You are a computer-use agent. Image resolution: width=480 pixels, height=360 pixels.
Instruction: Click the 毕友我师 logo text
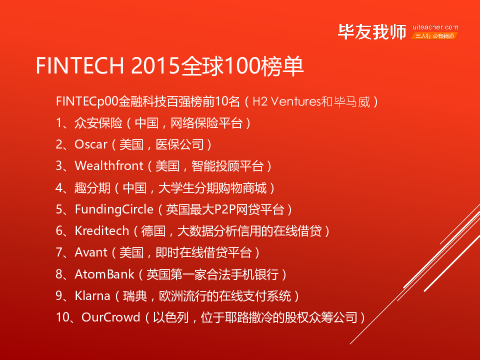(372, 32)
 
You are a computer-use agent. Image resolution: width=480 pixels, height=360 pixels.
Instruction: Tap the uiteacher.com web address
(435, 27)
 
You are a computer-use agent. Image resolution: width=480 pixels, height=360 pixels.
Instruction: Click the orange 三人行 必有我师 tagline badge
(434, 36)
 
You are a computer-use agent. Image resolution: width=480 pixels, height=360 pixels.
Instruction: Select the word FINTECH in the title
(80, 65)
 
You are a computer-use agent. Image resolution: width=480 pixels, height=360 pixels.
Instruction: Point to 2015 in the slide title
(155, 65)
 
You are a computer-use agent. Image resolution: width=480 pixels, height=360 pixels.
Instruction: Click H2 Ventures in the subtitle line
(286, 101)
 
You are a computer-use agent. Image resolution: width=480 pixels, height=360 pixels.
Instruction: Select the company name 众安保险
(98, 123)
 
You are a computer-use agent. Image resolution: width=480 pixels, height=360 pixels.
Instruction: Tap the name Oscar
(91, 144)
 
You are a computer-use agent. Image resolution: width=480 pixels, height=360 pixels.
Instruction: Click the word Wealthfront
(109, 166)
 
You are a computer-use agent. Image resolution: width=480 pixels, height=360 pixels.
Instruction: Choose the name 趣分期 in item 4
(93, 187)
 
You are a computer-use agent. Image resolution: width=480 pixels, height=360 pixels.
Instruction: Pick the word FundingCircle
(114, 209)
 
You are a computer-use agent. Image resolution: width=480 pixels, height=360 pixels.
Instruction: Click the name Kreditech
(102, 231)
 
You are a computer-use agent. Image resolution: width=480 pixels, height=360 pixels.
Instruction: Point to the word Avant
(91, 252)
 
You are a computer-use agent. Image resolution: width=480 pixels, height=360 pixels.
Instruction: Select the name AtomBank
(104, 274)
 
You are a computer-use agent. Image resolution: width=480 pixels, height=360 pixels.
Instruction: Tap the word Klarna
(92, 295)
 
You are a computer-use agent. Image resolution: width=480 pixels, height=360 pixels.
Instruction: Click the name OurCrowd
(111, 317)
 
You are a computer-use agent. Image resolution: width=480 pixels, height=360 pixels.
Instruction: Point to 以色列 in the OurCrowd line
(171, 317)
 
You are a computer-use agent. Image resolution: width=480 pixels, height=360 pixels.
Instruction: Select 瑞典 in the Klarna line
(135, 296)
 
